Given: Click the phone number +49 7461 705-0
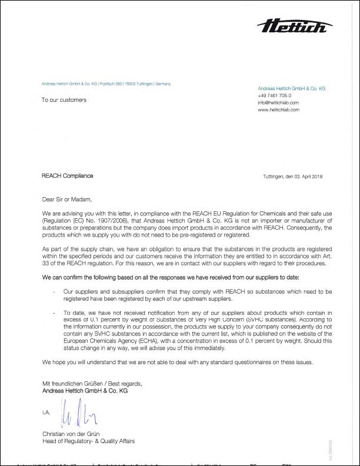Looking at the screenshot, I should (274, 95).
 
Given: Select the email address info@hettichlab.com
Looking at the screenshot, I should (279, 102).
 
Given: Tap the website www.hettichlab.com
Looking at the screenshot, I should (279, 109).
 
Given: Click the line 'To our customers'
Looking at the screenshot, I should (64, 100).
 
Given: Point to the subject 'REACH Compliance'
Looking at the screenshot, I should (67, 176).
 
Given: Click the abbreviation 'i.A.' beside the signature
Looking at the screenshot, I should (46, 413).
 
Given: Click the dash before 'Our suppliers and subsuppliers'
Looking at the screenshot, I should (54, 290).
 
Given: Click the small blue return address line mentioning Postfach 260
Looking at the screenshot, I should (106, 84).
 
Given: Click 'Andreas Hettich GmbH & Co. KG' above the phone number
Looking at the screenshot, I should (291, 88).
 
